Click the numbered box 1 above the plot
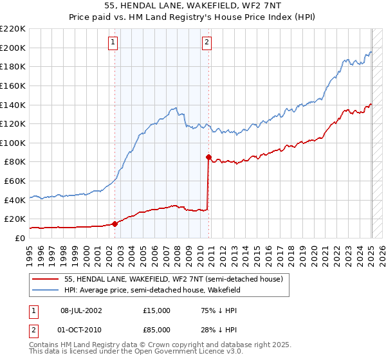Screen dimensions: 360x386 tap(113, 43)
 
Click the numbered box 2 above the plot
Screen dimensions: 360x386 tap(207, 43)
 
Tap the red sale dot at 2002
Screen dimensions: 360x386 tap(115, 224)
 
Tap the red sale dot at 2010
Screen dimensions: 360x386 tap(208, 156)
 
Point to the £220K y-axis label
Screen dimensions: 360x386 tap(13, 29)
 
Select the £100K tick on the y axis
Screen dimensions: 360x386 tap(13, 143)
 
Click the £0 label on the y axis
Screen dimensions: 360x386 tap(21, 238)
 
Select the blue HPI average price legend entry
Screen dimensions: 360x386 tap(152, 291)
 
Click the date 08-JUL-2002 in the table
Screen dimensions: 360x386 tap(81, 310)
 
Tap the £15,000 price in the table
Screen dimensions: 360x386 tap(157, 310)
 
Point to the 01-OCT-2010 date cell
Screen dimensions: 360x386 tap(81, 330)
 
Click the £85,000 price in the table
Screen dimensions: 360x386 tap(157, 330)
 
